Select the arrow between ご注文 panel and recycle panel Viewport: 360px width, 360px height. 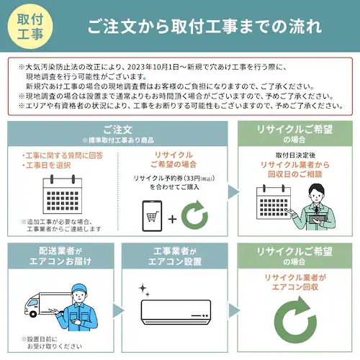pyautogui.click(x=233, y=191)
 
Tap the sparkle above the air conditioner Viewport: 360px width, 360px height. pyautogui.click(x=143, y=289)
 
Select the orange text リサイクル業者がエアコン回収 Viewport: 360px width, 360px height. pyautogui.click(x=295, y=282)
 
